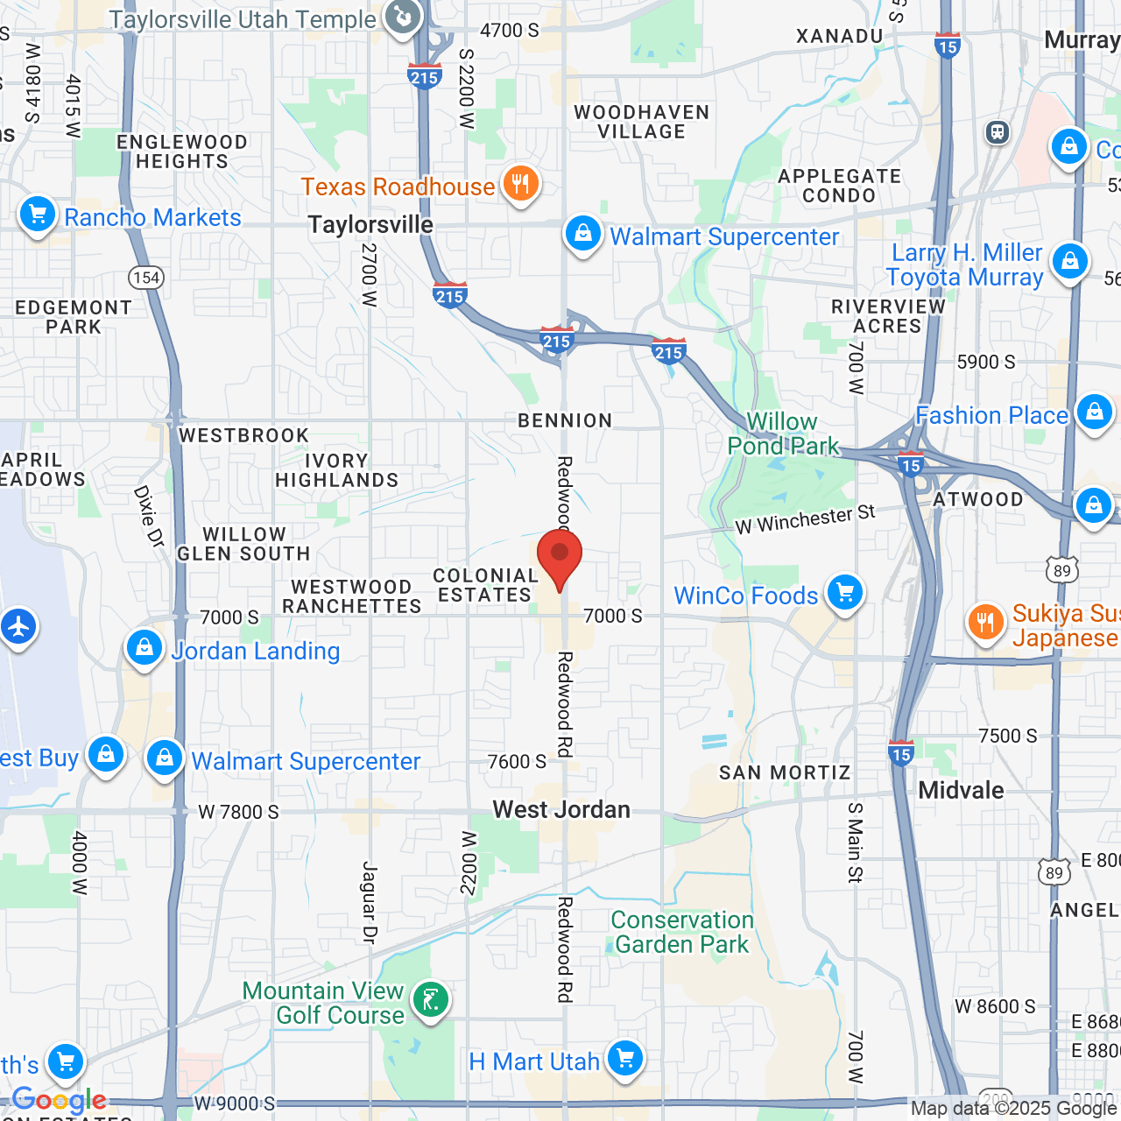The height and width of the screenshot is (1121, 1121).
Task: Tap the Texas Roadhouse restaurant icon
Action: click(521, 185)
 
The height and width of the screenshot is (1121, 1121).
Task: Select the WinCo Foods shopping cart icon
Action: click(844, 594)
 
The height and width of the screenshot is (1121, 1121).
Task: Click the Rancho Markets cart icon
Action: click(38, 214)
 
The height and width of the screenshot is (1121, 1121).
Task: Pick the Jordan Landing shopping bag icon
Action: click(144, 648)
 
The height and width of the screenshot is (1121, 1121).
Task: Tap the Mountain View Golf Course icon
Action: click(431, 999)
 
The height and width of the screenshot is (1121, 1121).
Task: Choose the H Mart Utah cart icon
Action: click(624, 1058)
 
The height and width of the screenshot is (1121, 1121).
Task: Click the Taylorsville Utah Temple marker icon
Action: click(403, 17)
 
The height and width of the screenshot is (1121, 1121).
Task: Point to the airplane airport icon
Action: click(18, 627)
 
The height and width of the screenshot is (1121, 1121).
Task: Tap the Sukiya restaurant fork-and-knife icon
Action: click(986, 622)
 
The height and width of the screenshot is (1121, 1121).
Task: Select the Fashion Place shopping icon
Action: click(1094, 412)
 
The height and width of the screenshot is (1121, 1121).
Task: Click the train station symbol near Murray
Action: click(998, 132)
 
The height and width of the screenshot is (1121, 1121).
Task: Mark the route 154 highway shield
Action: click(146, 278)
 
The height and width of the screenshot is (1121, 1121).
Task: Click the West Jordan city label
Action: click(561, 809)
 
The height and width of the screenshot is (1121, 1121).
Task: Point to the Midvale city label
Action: click(961, 790)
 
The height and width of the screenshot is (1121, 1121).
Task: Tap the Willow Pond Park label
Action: click(782, 434)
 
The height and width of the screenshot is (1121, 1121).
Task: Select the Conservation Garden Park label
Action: click(682, 932)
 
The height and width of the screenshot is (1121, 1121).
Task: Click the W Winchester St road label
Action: click(805, 519)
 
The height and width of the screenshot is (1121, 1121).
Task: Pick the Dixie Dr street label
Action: click(149, 516)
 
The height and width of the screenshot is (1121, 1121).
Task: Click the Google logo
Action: click(60, 1100)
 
